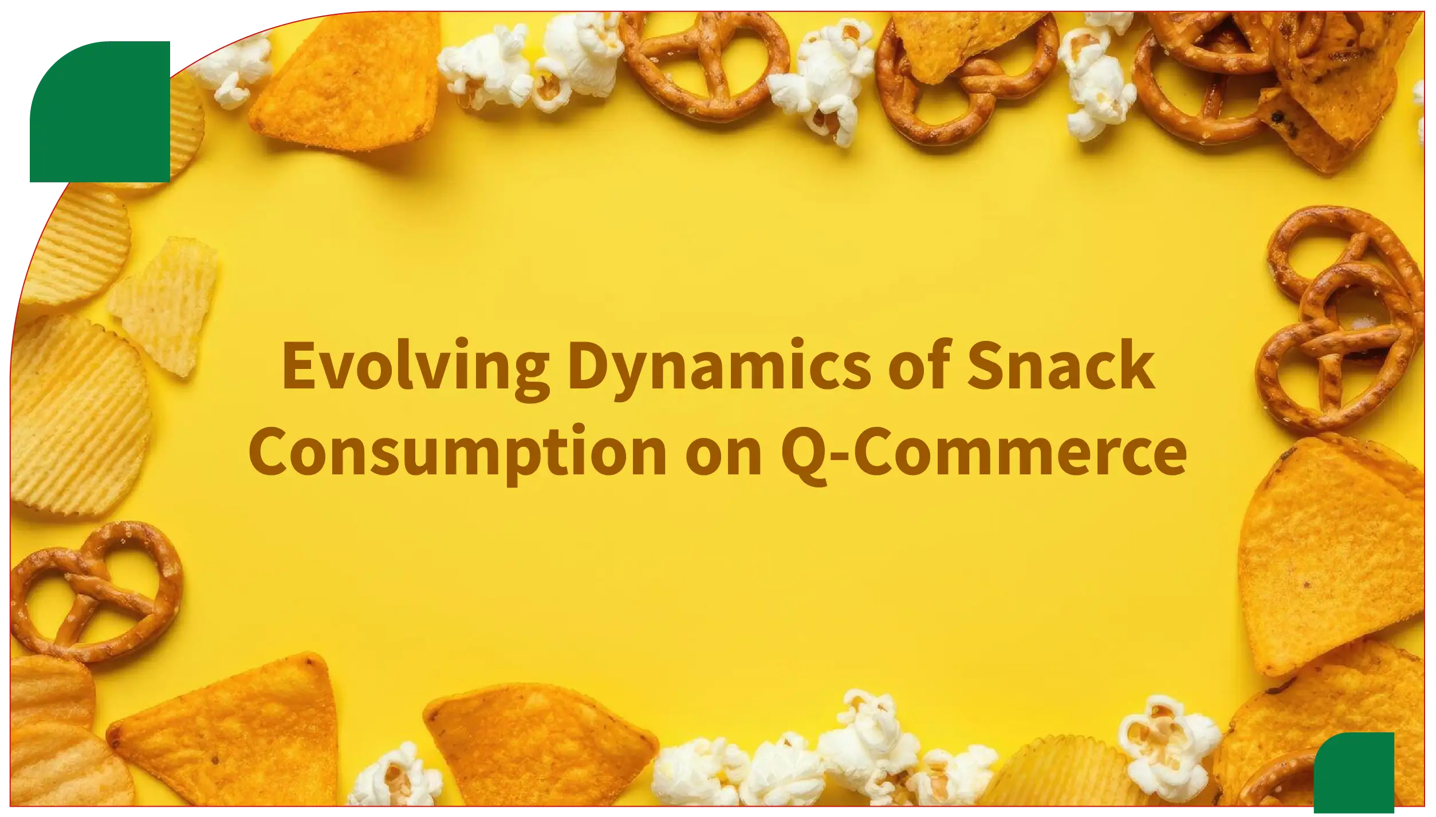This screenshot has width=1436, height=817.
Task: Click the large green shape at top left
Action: click(x=100, y=112)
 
